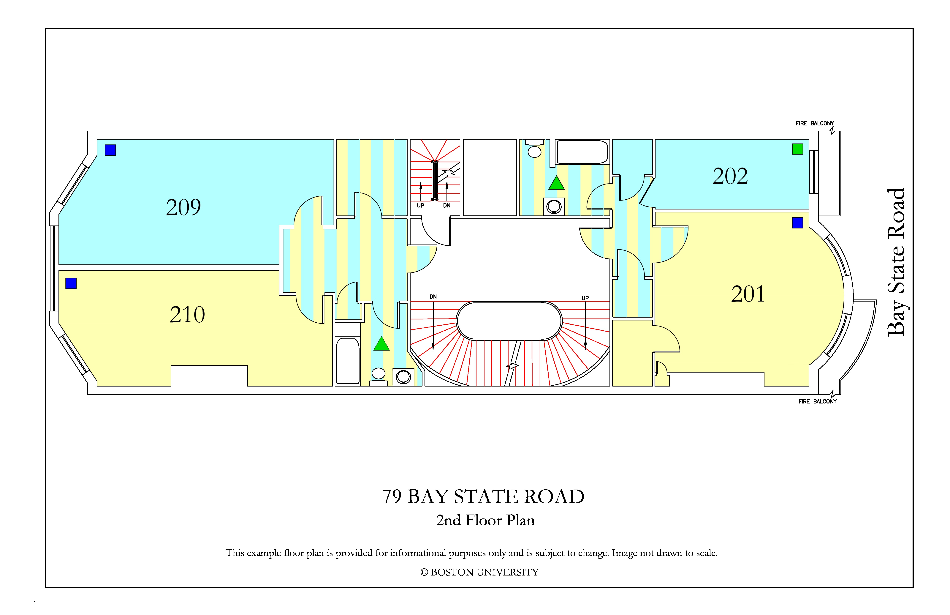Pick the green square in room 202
(797, 149)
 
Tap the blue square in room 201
(797, 223)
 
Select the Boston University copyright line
(479, 572)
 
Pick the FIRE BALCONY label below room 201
(818, 401)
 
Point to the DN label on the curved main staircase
(433, 297)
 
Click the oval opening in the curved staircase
(509, 321)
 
